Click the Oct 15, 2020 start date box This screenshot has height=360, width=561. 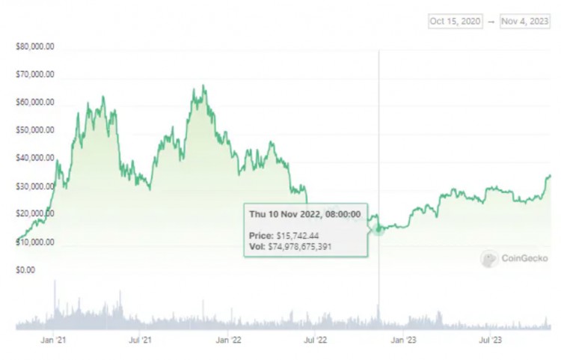455,22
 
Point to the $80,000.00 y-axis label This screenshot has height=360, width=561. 34,47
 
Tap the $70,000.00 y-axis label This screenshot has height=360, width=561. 34,75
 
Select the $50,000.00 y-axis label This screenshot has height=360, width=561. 34,130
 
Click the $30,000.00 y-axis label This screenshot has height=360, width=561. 34,186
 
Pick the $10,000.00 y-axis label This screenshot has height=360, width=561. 34,241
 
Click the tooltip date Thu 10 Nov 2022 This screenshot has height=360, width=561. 306,214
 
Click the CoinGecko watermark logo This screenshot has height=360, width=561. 515,259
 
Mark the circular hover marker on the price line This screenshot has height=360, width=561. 378,229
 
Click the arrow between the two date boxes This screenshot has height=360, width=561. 491,22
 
